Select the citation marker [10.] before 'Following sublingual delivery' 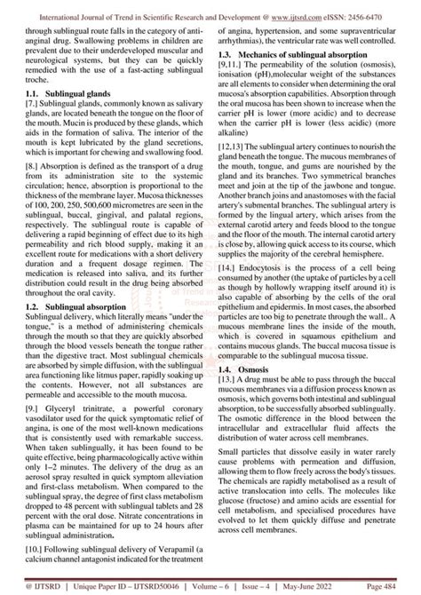click(x=36, y=548)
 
